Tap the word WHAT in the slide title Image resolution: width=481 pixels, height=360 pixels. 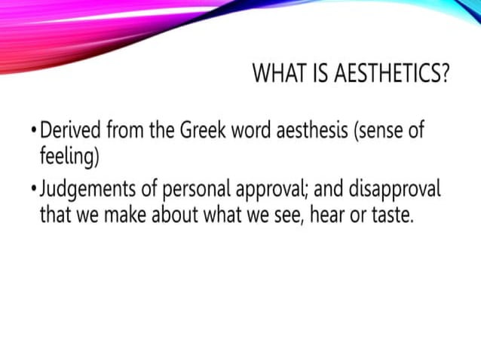point(276,74)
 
